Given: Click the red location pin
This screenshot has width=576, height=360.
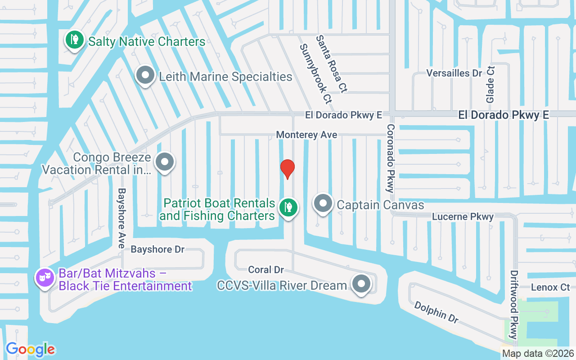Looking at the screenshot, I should (x=287, y=169).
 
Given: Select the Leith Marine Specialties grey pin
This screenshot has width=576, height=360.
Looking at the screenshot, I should (x=145, y=76).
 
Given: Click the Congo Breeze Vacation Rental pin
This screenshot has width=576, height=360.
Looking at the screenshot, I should (x=165, y=162).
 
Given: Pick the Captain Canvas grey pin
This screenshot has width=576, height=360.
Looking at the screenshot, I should (x=323, y=203).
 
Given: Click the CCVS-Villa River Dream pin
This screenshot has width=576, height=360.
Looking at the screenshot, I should (x=361, y=284).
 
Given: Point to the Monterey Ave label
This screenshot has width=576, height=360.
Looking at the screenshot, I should (x=306, y=135).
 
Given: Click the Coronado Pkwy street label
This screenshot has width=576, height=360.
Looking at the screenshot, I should (x=390, y=158).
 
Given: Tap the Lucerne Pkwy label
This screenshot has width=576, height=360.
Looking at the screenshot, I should (x=463, y=216).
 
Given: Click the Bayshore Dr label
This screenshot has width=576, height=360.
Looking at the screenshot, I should (x=157, y=249).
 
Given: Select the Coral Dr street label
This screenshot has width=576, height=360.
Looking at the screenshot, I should (x=266, y=270).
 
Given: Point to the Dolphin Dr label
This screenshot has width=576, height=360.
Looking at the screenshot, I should (x=436, y=312).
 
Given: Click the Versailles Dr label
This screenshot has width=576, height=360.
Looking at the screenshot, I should (x=454, y=73).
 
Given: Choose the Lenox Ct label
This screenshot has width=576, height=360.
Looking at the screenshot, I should (x=550, y=287).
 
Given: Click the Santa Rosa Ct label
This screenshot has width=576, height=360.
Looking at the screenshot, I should (x=331, y=64).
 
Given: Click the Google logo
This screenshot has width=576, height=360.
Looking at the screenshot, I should (x=31, y=349).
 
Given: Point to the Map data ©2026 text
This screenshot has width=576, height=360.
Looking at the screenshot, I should (x=538, y=353).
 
